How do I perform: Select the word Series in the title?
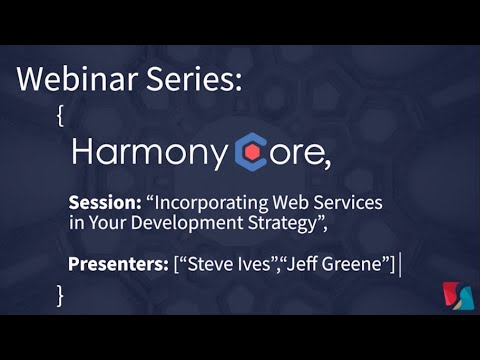[195, 79]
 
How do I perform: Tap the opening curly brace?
[62, 115]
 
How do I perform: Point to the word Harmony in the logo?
[150, 153]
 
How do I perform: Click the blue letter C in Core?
[250, 152]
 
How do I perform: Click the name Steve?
[208, 264]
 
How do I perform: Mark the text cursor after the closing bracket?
[400, 264]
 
